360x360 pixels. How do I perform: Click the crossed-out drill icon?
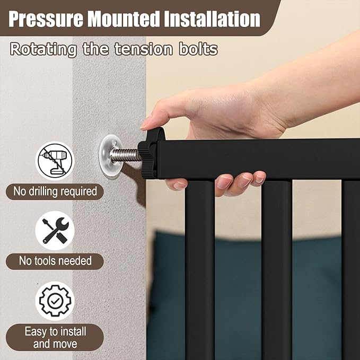point(55,161)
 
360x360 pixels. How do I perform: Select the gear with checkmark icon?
point(55,301)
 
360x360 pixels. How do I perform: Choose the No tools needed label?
point(55,261)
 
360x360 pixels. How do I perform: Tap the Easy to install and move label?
point(55,338)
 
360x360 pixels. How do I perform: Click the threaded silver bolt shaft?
point(126,155)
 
